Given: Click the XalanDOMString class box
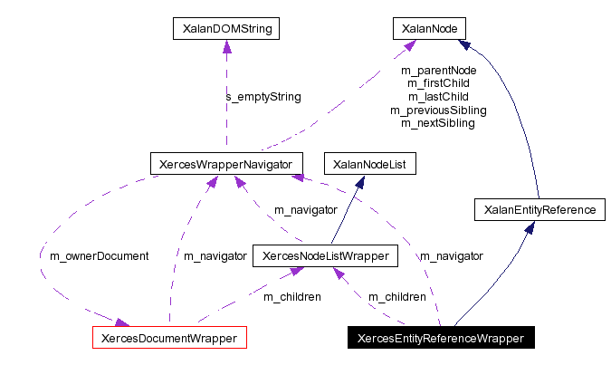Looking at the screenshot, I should [225, 29].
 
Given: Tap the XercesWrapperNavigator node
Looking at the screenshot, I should [225, 164].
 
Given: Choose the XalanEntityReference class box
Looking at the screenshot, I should [539, 210].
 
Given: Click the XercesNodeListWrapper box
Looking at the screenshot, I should [325, 256].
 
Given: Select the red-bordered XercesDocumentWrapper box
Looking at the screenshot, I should [170, 338].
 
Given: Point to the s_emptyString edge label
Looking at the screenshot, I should [263, 96].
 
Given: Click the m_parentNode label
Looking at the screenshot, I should [438, 70].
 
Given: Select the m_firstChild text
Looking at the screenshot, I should [438, 83].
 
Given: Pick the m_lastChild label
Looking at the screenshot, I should [438, 97].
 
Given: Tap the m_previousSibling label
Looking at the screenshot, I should [438, 110].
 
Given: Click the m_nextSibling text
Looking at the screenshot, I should [438, 123].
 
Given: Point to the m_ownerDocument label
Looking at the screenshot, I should [94, 256].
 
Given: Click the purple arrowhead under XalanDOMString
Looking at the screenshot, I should [225, 46].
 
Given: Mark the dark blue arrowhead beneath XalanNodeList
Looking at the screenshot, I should [359, 181].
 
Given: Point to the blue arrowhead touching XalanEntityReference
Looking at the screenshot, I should [530, 227].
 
